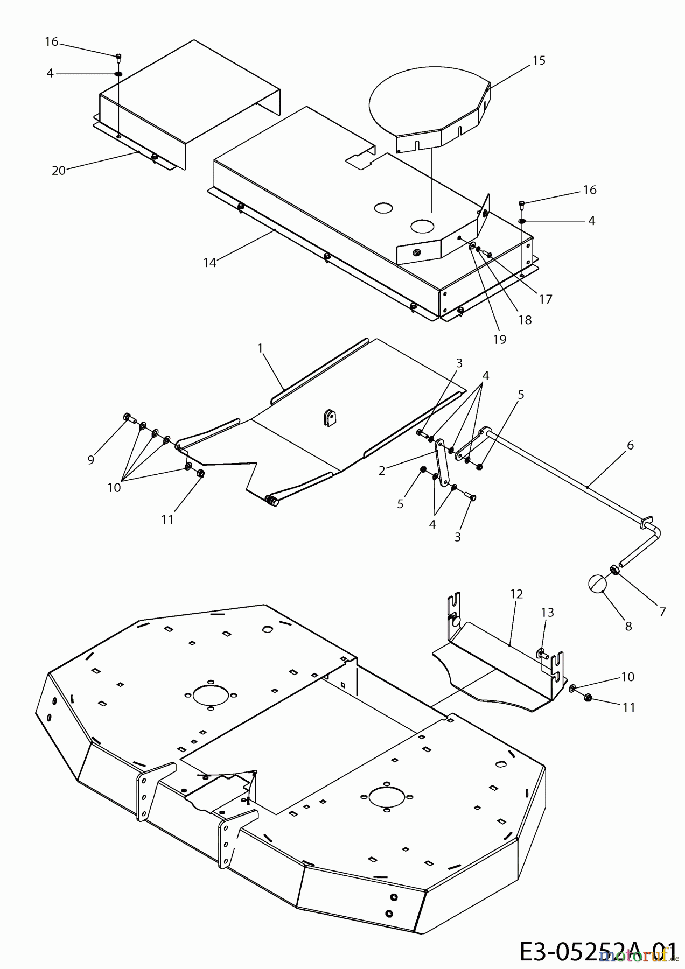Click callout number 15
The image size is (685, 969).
[539, 60]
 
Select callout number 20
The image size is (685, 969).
[58, 171]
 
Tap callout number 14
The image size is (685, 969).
[209, 263]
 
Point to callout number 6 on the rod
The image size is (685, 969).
[630, 445]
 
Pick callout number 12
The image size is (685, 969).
[516, 594]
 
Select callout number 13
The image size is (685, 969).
[547, 613]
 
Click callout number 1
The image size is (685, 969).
[260, 348]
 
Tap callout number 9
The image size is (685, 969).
[90, 460]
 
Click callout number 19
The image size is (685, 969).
[499, 340]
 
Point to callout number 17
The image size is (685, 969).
[546, 299]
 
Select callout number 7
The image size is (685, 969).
[662, 612]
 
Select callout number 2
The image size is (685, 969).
[382, 471]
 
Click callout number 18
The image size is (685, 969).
[525, 320]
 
